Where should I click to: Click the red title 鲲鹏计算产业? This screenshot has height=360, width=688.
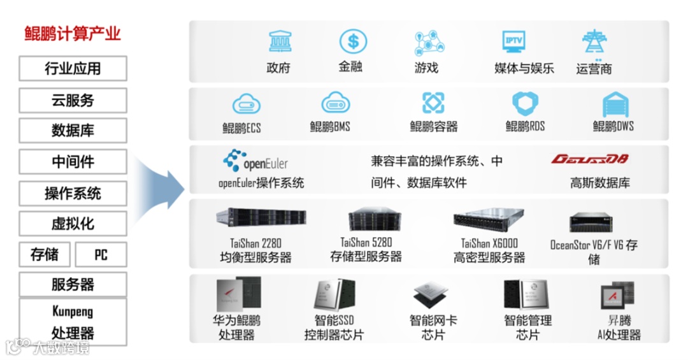[72, 34]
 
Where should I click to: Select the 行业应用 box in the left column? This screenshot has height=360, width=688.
[73, 68]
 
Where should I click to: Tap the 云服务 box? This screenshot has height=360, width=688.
[73, 100]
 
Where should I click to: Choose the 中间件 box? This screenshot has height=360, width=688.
[73, 162]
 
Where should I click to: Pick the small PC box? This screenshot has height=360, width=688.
[101, 255]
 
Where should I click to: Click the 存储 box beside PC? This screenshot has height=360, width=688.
[45, 255]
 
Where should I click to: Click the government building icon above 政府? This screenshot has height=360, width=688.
[278, 41]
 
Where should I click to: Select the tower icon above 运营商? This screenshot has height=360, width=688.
[594, 42]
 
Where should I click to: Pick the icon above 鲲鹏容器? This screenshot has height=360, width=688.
[433, 103]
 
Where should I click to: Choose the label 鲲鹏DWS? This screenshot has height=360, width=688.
[613, 126]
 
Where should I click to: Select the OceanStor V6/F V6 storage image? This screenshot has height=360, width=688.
[593, 222]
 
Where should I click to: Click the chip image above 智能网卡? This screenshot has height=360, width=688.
[433, 296]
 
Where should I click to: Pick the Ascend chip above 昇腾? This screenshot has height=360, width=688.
[617, 296]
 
